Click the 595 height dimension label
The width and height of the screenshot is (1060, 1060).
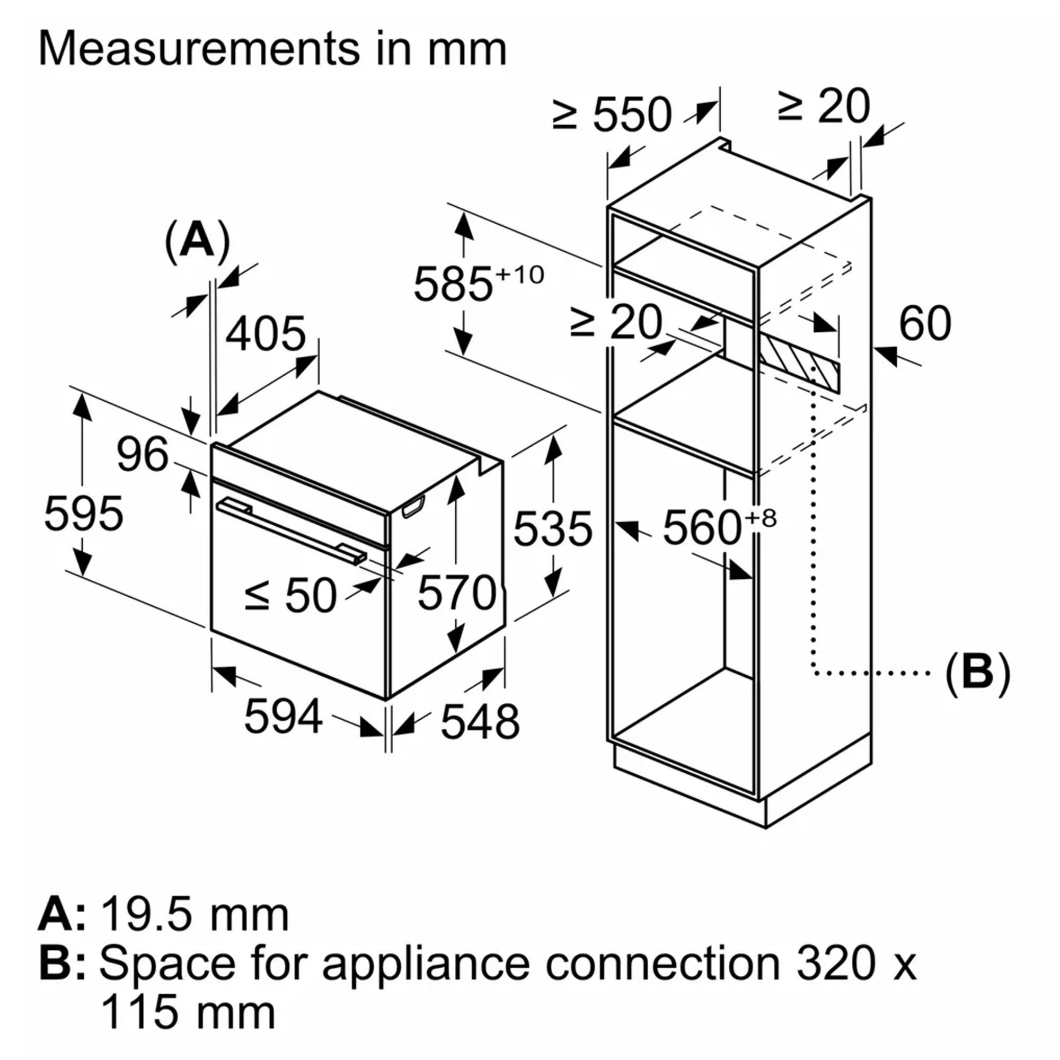pyautogui.click(x=83, y=514)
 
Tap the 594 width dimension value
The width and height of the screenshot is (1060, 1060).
pyautogui.click(x=283, y=717)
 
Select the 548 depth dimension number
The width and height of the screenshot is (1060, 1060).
pyautogui.click(x=480, y=721)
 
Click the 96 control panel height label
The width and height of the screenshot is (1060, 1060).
pyautogui.click(x=142, y=455)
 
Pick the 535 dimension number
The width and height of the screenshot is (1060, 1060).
pyautogui.click(x=552, y=529)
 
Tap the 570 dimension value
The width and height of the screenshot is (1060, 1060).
pyautogui.click(x=456, y=593)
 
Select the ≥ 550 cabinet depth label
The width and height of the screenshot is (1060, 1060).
pyautogui.click(x=612, y=114)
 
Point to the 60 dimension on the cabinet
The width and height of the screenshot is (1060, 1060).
pyautogui.click(x=925, y=324)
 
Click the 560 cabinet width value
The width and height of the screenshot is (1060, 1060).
pyautogui.click(x=702, y=528)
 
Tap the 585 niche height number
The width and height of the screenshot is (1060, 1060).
pyautogui.click(x=453, y=284)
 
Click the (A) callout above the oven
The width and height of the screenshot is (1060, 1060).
pyautogui.click(x=197, y=240)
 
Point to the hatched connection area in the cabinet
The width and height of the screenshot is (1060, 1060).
pyautogui.click(x=799, y=362)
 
